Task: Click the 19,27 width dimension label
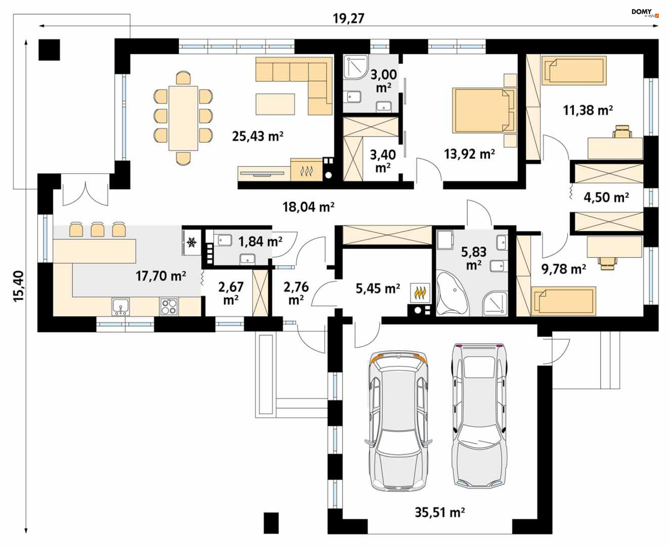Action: pyautogui.click(x=348, y=18)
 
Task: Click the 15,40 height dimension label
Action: pyautogui.click(x=19, y=286)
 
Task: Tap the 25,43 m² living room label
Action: pyautogui.click(x=258, y=136)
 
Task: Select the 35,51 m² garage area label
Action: pyautogui.click(x=440, y=513)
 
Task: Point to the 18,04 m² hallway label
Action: pyautogui.click(x=308, y=207)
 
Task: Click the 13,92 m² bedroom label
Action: pyautogui.click(x=469, y=154)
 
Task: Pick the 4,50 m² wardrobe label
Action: pyautogui.click(x=606, y=197)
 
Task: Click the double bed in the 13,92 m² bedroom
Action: pyautogui.click(x=483, y=111)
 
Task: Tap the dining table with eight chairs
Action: pyautogui.click(x=183, y=118)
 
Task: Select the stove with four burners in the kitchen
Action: pyautogui.click(x=169, y=307)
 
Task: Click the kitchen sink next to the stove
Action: pyautogui.click(x=121, y=307)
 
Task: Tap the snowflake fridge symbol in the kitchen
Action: pyautogui.click(x=192, y=242)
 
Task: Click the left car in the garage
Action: pyautogui.click(x=398, y=421)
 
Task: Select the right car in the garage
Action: pyautogui.click(x=479, y=415)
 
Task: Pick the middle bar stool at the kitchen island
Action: pyautogui.click(x=97, y=229)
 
